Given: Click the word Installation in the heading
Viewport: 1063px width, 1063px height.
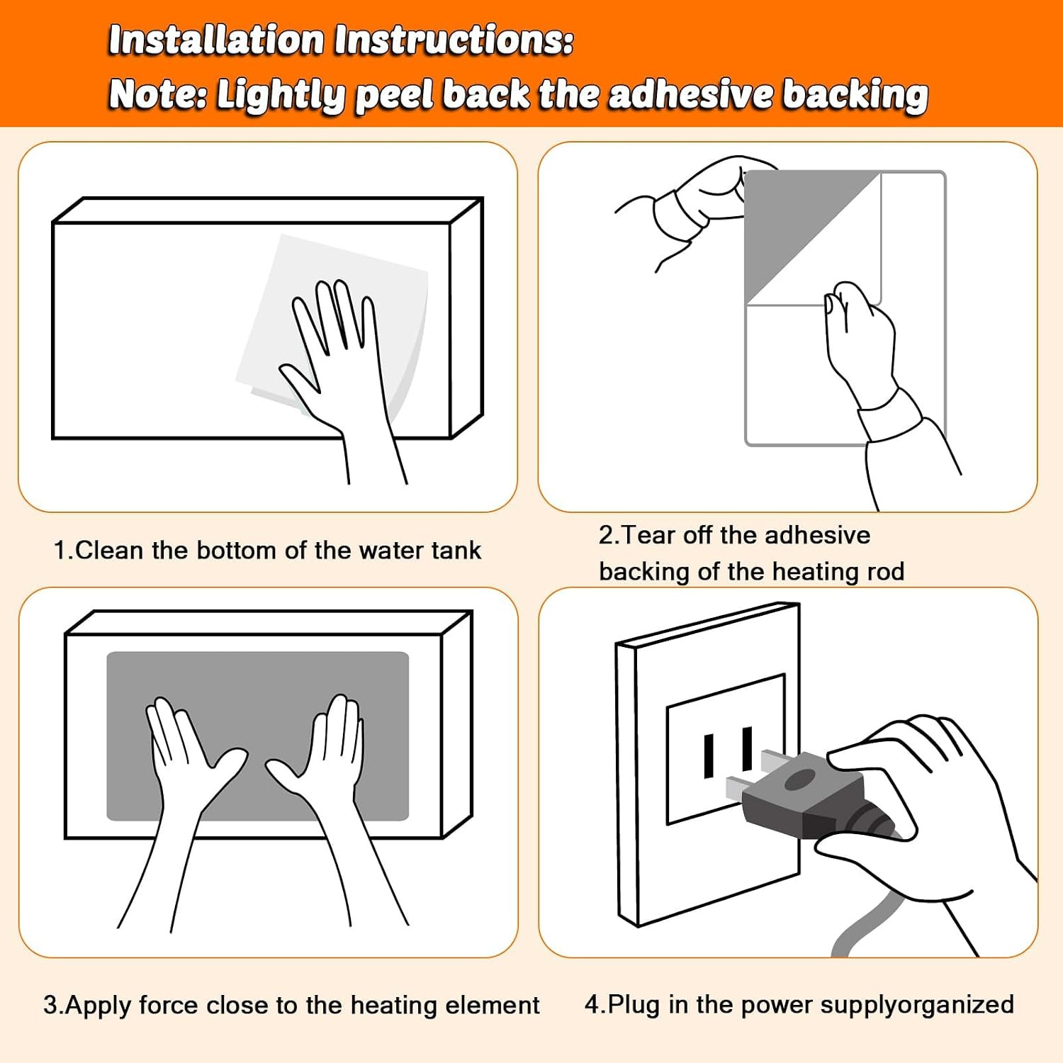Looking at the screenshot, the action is coord(216,40).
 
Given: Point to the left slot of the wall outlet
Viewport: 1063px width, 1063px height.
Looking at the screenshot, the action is coord(709,756).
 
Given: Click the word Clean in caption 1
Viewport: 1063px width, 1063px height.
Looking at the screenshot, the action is coord(109,550).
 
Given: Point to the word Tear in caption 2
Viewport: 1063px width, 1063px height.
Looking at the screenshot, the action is coord(648,535).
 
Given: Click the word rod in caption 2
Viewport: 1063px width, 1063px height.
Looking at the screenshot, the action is coord(886,571).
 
